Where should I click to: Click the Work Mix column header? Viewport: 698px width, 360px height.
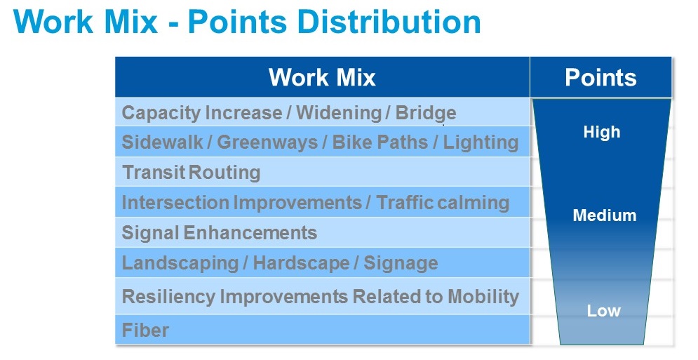coord(322,77)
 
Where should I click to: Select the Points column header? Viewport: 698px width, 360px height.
coord(600,77)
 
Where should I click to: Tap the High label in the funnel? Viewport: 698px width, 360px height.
coord(602,132)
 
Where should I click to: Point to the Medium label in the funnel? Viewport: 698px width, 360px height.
coord(605,215)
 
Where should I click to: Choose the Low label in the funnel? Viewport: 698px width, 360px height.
coord(603,311)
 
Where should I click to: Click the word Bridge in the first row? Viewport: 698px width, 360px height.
coord(426,113)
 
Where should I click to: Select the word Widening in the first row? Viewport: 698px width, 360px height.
coord(339,113)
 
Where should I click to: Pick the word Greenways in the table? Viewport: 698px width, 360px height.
coord(267,142)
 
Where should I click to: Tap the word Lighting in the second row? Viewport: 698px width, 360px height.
coord(481,142)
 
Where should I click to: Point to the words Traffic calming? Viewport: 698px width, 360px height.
coord(443,203)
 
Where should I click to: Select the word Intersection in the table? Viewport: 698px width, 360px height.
coord(176,203)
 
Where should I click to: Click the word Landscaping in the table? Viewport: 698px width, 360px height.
coord(180,263)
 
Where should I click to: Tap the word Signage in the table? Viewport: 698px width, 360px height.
coord(401,263)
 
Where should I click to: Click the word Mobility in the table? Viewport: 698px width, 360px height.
coord(483,297)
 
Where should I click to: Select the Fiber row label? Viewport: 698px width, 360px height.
coord(146,330)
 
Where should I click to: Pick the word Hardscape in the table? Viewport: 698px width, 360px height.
coord(301,263)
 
